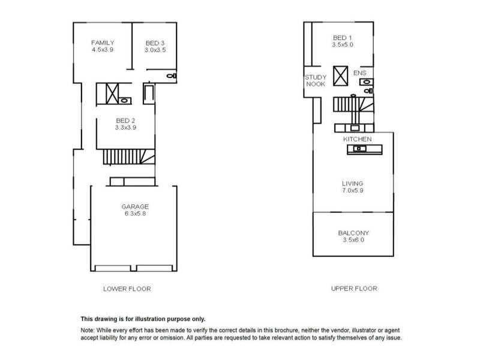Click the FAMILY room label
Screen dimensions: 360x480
coord(103,43)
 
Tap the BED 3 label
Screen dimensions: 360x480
coord(156,43)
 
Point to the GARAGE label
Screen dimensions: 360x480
coord(136,206)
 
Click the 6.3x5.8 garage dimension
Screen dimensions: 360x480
coord(136,214)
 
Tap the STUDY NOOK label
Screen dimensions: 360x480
coord(315,80)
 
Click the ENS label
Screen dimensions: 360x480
coord(359,73)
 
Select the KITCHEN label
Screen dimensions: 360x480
coord(358,139)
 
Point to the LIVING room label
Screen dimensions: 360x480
coord(353,184)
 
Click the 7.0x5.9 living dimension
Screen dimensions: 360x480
coord(353,191)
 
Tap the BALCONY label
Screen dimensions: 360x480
coord(353,233)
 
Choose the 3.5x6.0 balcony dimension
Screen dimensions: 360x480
coord(353,240)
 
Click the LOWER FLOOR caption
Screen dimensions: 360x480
coord(127,289)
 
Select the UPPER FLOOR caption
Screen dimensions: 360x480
coord(354,289)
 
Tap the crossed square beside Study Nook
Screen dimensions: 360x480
coord(341,76)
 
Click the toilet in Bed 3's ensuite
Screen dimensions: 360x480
coord(171,76)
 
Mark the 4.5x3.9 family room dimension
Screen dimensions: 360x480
coord(103,50)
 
